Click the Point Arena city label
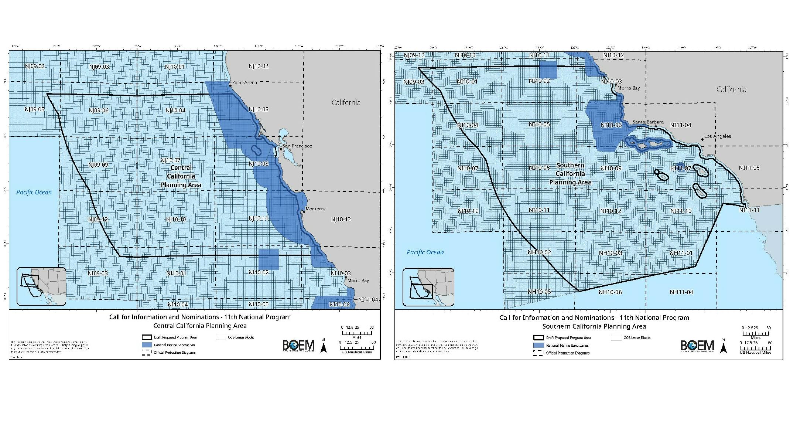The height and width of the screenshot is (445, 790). (244, 82)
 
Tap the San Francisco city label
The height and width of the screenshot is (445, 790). (297, 146)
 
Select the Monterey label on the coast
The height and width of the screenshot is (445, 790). (315, 209)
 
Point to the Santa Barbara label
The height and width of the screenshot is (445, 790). (648, 122)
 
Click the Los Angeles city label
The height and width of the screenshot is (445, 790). (717, 136)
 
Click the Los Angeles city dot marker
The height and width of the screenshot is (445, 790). (702, 140)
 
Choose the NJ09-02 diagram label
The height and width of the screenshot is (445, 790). (35, 66)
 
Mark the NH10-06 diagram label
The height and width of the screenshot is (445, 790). (610, 292)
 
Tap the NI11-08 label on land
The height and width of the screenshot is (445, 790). (749, 167)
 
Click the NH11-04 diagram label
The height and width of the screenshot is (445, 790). (681, 292)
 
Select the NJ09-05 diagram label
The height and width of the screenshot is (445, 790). (35, 109)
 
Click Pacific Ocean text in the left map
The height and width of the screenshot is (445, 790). (34, 192)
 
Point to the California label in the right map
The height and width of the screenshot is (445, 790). (731, 89)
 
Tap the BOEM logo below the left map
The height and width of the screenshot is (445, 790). (298, 345)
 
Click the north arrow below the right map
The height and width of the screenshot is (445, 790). (724, 347)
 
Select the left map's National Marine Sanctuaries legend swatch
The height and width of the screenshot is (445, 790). (147, 345)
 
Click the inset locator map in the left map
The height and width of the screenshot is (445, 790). (41, 286)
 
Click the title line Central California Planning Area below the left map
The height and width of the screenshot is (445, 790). (200, 326)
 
